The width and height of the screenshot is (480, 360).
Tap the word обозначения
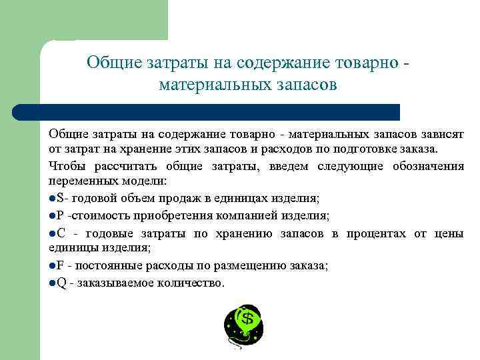(426, 166)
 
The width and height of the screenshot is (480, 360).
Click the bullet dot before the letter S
(53, 198)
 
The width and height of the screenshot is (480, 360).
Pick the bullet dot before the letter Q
(53, 283)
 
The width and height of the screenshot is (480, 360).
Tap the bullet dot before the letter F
(53, 266)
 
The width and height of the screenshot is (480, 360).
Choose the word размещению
(231, 266)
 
